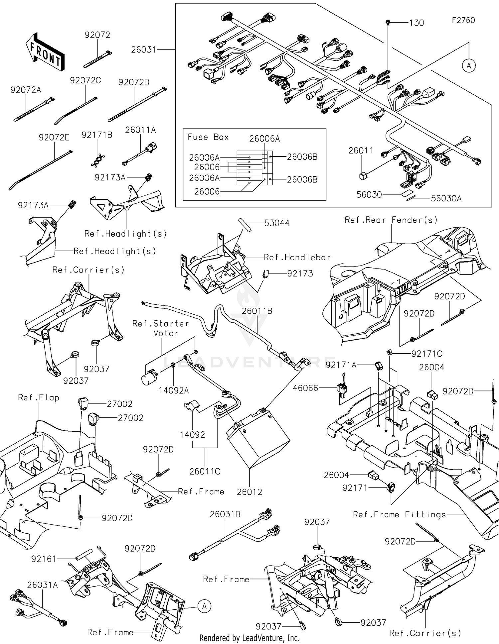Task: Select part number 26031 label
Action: (143, 50)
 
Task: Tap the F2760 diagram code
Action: (463, 20)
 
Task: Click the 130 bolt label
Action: (416, 23)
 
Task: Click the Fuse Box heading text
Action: (208, 137)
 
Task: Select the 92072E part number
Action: (54, 138)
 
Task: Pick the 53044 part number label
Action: (276, 223)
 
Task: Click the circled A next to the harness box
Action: (469, 66)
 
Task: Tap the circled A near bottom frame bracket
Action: (204, 606)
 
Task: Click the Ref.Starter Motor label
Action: (161, 328)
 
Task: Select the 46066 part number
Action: (305, 388)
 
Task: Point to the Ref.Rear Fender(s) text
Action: (391, 220)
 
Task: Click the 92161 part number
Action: (44, 559)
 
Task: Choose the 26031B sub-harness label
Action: (225, 514)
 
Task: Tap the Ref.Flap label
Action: (39, 398)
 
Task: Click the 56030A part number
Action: (446, 199)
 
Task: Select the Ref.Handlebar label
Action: (297, 258)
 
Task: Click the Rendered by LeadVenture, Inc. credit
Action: (249, 638)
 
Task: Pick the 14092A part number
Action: (174, 390)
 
